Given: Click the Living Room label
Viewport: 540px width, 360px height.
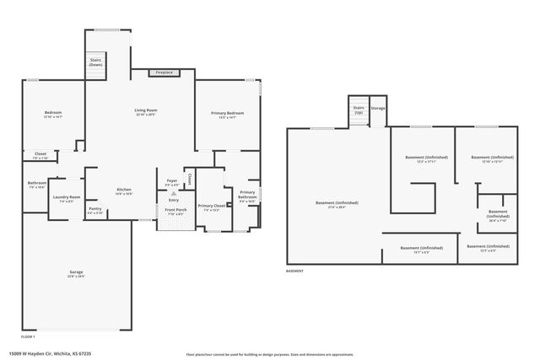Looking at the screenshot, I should pos(146,110).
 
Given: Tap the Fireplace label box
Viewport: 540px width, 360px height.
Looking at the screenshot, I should pos(164,73).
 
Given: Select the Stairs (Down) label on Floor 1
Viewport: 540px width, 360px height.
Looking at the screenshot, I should pos(95,62).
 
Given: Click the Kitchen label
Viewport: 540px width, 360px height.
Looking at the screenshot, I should pos(123,191).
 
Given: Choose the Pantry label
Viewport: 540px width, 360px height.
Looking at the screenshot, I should pos(95,210).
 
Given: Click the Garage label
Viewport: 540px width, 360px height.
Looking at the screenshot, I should pos(76,274).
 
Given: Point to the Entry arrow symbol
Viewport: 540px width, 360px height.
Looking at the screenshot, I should pos(173,193).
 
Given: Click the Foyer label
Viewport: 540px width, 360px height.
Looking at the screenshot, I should pos(171,180).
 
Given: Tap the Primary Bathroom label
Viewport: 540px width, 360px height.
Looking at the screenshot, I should pos(247,196).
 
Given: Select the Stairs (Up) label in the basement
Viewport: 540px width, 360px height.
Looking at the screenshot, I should pos(358,110).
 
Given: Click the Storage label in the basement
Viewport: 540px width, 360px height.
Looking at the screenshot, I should pos(378,108).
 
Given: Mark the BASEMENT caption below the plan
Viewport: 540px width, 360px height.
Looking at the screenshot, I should pos(294,271).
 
